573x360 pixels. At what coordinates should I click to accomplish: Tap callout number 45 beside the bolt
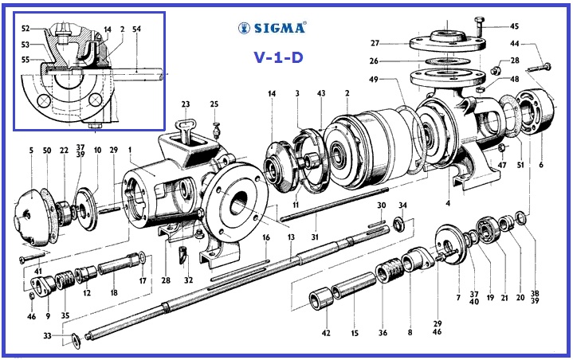513,25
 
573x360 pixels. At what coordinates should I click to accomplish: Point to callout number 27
397,42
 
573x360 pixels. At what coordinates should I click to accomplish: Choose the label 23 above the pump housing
185,104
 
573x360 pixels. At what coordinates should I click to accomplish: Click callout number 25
214,104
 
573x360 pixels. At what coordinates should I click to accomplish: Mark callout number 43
321,94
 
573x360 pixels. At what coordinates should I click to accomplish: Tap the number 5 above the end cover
31,150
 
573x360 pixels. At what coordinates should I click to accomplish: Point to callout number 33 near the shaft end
48,336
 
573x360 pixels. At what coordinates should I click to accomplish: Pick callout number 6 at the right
540,165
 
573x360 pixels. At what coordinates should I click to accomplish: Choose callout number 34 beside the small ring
402,205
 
